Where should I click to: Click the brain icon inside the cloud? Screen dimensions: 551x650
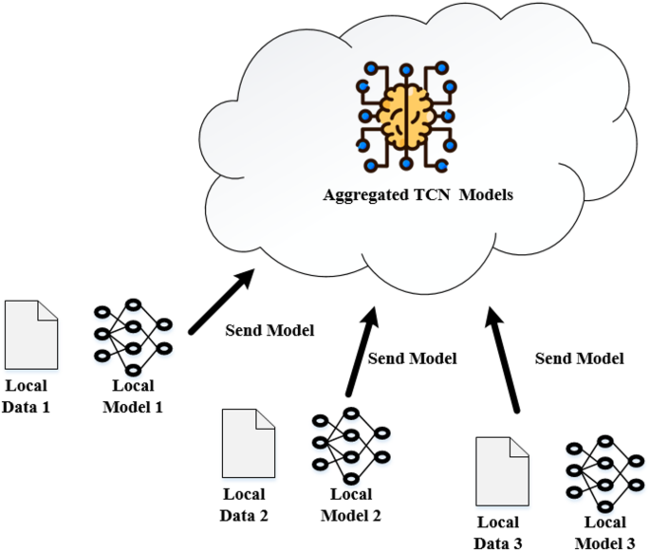pos(406,117)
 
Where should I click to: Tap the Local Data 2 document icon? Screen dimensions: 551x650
pos(245,444)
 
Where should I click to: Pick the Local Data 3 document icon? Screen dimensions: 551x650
pos(500,470)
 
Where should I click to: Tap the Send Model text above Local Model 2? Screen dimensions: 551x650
pos(412,358)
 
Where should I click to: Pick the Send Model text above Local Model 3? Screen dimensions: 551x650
pos(579,358)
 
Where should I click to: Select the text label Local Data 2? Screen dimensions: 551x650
pos(246,505)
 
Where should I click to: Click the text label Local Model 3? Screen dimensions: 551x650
pos(603,530)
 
